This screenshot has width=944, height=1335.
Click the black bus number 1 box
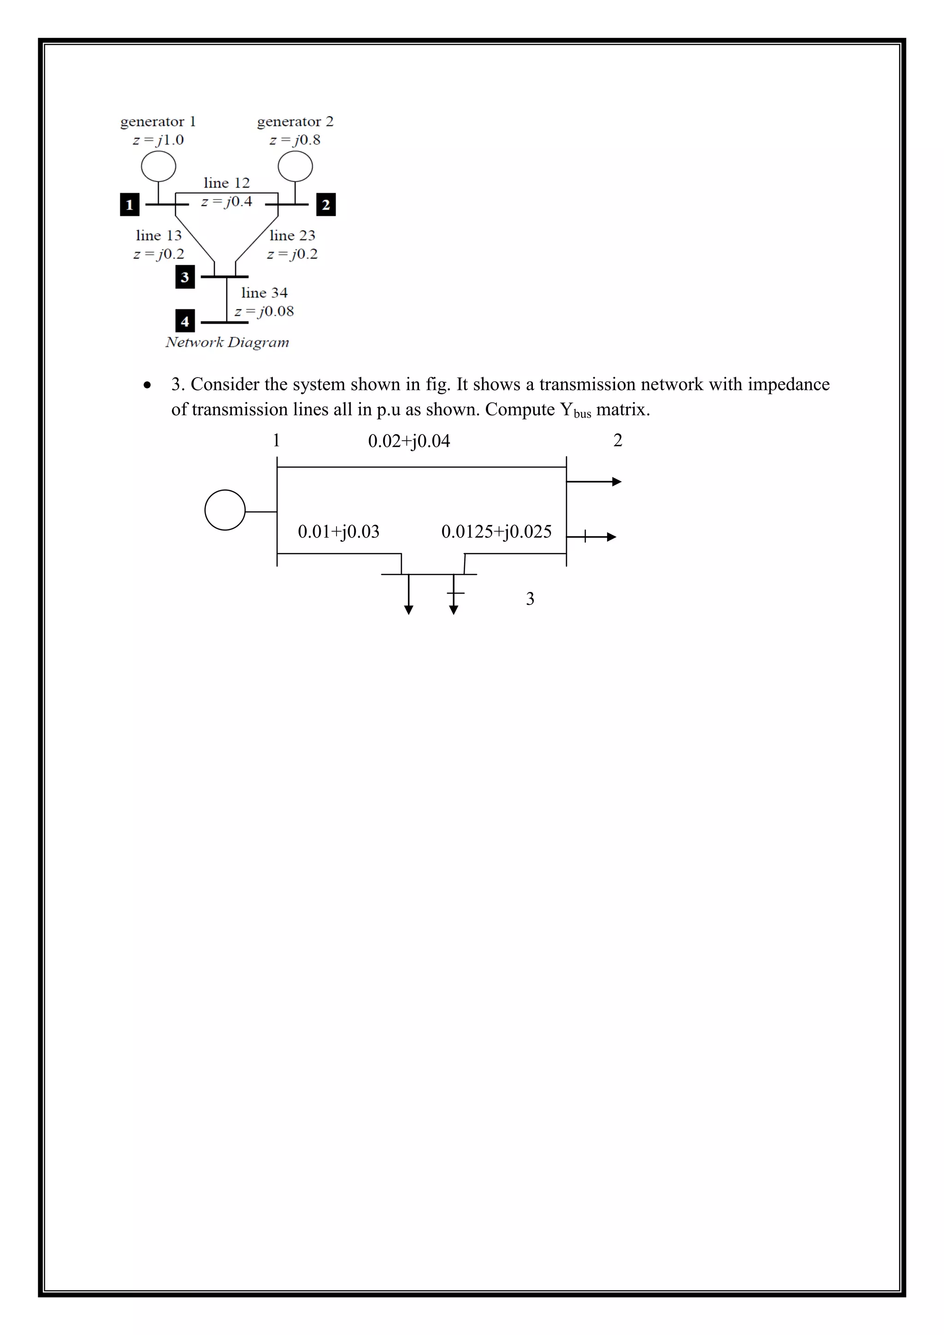[130, 205]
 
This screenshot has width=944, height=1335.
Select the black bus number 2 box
[325, 205]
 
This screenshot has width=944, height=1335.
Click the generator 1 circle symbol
[159, 166]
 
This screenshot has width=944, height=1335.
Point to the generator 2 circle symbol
[295, 166]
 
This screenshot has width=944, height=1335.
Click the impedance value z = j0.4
[227, 202]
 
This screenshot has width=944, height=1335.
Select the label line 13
[159, 236]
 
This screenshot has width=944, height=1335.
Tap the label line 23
[292, 236]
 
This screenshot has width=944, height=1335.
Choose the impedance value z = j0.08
[265, 312]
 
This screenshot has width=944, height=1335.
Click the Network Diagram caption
[227, 343]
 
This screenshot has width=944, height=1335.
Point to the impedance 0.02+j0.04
[409, 441]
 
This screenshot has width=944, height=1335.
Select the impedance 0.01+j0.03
[338, 532]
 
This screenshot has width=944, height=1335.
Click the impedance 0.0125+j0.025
[496, 532]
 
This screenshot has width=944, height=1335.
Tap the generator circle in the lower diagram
[225, 510]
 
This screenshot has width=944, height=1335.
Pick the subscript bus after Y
[583, 414]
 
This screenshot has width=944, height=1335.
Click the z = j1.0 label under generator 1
[159, 140]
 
